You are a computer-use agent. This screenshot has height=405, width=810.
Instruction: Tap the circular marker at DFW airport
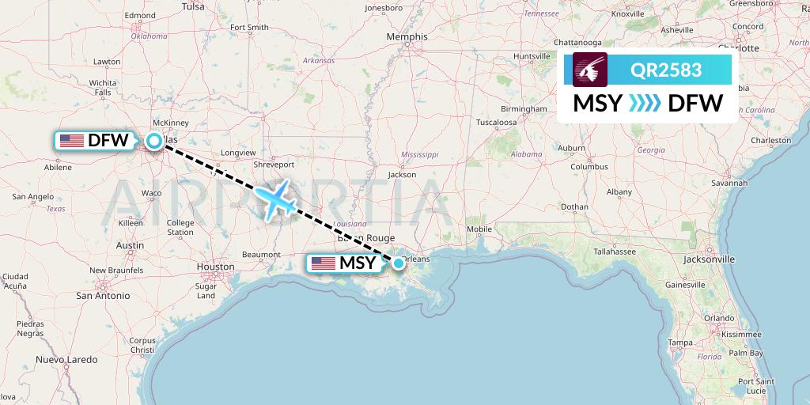(x=154, y=142)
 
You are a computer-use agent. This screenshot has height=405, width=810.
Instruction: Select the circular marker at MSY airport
(x=399, y=263)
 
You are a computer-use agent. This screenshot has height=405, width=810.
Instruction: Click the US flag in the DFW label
(x=72, y=142)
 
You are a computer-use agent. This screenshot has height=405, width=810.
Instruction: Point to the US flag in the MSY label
(x=324, y=263)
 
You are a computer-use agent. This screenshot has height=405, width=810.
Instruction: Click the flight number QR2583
(x=666, y=70)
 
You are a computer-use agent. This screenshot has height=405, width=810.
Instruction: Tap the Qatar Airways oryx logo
(x=590, y=70)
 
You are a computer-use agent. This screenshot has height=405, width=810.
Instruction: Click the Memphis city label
(x=408, y=36)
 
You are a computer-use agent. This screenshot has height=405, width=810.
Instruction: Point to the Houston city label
(x=215, y=267)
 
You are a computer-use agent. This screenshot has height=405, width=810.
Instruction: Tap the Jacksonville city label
(x=708, y=259)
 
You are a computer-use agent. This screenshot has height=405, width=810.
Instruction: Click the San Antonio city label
(x=103, y=295)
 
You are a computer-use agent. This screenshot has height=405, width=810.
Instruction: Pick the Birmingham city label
(x=524, y=108)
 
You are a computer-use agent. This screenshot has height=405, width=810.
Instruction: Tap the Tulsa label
(x=193, y=6)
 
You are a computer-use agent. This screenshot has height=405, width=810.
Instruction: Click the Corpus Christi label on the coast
(x=143, y=345)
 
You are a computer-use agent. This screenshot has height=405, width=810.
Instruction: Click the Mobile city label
(x=479, y=229)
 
